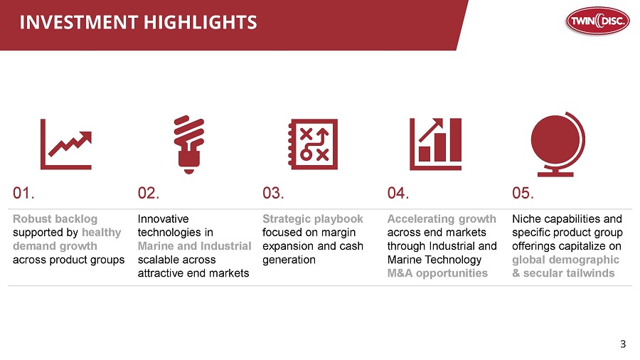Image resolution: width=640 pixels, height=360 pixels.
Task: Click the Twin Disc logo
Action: click(x=597, y=21)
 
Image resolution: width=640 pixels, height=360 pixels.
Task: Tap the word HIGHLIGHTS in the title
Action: click(x=201, y=23)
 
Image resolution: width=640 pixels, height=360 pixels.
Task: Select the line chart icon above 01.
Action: click(x=66, y=144)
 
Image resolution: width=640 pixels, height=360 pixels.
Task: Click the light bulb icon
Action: click(x=189, y=144)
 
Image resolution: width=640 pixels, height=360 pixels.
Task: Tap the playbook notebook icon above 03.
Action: click(x=313, y=144)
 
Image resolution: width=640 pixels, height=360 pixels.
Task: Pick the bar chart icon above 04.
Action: click(x=435, y=144)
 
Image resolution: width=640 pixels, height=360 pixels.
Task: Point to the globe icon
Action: click(x=558, y=144)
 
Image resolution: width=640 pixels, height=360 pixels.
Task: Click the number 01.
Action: click(x=23, y=193)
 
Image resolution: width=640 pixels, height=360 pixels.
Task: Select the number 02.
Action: click(x=149, y=193)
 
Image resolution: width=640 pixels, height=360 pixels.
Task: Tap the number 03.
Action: click(x=274, y=193)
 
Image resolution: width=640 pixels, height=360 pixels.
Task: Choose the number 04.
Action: click(x=398, y=193)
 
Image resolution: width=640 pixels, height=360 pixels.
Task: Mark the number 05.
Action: click(x=523, y=193)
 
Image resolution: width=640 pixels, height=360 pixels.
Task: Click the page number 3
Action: click(x=623, y=344)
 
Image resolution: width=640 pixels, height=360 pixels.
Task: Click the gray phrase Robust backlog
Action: click(x=55, y=219)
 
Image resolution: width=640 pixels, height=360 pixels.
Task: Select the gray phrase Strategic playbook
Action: click(x=313, y=219)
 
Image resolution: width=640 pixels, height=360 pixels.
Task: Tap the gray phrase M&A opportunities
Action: click(x=437, y=273)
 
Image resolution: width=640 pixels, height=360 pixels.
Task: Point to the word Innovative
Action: click(x=164, y=219)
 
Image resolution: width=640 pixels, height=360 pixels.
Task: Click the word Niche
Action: click(x=526, y=219)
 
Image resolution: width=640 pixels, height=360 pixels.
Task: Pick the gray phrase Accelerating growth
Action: click(x=442, y=219)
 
